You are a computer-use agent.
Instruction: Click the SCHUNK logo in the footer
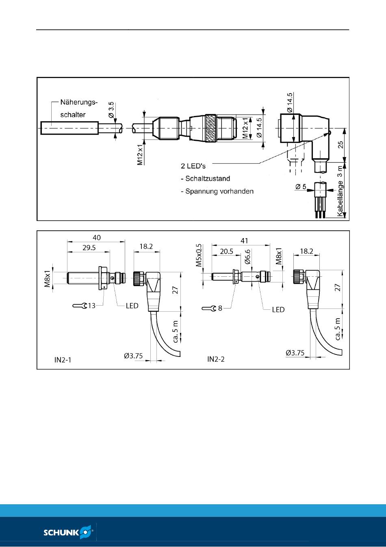tap(68, 532)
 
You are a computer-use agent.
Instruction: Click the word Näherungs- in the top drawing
tap(79, 102)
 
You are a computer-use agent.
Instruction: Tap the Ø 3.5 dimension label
tap(111, 109)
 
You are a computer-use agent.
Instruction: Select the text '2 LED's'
tap(193, 166)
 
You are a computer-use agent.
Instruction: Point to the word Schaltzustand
tap(208, 179)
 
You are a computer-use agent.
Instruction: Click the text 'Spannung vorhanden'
tap(219, 191)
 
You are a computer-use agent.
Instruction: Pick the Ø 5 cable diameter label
tap(301, 187)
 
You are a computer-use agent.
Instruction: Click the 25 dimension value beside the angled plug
tap(341, 144)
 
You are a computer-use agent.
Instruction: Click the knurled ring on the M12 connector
tap(211, 128)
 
